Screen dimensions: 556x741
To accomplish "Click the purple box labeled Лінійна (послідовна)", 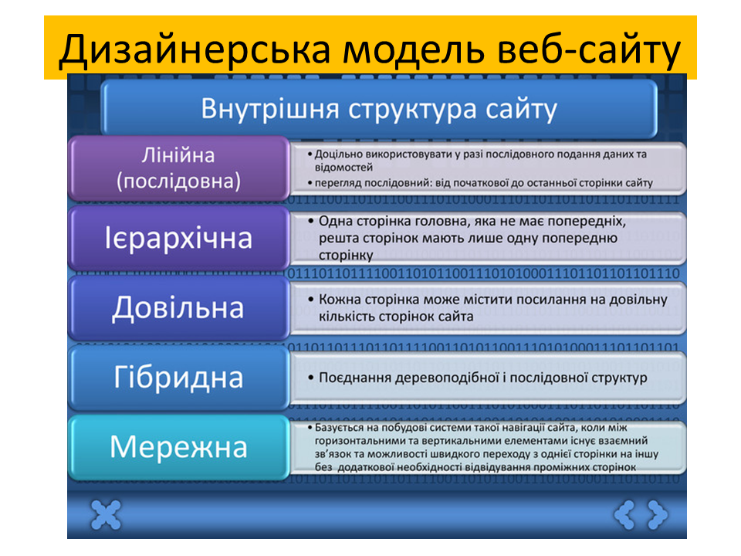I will pyautogui.click(x=178, y=168).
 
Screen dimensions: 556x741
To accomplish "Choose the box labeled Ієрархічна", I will pyautogui.click(x=178, y=237).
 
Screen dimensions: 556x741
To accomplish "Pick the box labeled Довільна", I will pyautogui.click(x=178, y=307).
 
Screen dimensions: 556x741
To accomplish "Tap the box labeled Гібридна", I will pyautogui.click(x=178, y=378).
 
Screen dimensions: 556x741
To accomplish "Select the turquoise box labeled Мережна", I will pyautogui.click(x=178, y=446).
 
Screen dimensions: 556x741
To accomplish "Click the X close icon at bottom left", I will pyautogui.click(x=107, y=514).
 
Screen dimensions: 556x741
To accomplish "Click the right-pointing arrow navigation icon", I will pyautogui.click(x=657, y=514).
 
